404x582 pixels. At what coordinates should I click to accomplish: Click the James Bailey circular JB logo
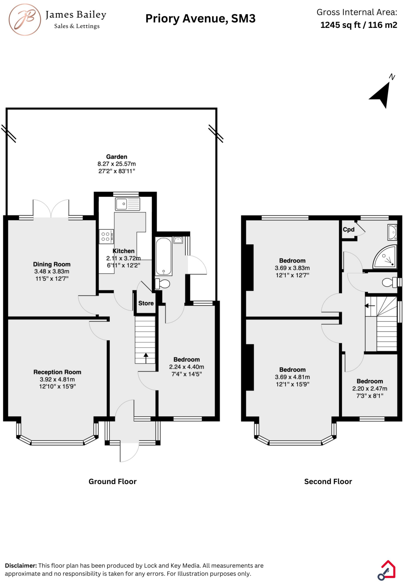[x=25, y=20]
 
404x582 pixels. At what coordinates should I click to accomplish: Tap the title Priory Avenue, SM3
[x=200, y=19]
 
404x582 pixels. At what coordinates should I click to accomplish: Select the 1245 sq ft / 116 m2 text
[x=358, y=25]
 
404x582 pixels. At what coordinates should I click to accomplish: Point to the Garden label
[x=116, y=157]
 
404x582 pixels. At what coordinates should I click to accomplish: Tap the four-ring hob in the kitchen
[x=106, y=236]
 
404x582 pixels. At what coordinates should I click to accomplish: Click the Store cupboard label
[x=146, y=303]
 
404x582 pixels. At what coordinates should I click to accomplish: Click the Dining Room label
[x=51, y=264]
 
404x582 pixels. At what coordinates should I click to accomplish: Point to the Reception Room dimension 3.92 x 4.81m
[x=57, y=379]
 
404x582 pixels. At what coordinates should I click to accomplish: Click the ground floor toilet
[x=163, y=283]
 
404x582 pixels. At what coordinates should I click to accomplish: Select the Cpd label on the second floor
[x=349, y=229]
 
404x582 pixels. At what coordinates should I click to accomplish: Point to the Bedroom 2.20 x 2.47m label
[x=370, y=381]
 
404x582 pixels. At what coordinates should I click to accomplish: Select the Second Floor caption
[x=328, y=481]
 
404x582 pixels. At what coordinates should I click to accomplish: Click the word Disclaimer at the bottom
[x=21, y=566]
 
